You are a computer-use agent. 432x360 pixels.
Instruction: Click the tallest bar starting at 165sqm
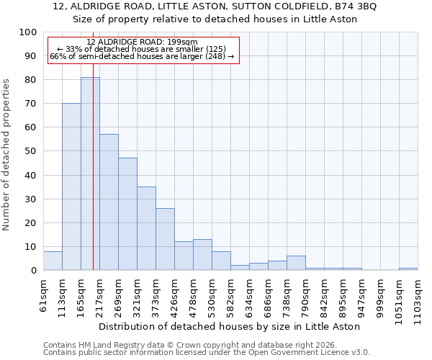(90, 174)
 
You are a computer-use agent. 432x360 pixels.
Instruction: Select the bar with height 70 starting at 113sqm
(71, 186)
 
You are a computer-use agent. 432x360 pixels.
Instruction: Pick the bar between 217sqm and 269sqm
(109, 202)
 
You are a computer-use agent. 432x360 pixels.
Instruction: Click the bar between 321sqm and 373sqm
(146, 228)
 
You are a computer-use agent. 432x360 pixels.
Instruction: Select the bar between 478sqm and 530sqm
(202, 255)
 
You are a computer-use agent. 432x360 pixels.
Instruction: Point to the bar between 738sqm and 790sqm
(296, 263)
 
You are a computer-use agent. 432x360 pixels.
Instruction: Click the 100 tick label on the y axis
(27, 32)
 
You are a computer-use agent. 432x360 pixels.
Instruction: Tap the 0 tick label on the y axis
(33, 271)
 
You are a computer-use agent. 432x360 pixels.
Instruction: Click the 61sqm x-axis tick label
(44, 294)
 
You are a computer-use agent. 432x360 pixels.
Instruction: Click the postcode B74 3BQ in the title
(358, 6)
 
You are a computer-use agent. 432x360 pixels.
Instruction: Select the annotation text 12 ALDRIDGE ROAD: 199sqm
(141, 42)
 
